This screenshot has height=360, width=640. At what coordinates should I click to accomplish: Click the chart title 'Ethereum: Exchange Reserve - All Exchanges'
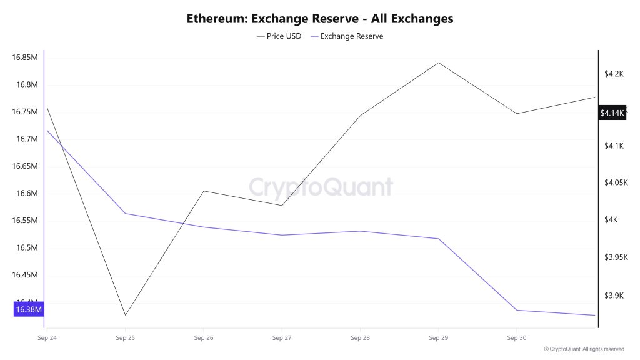(320, 18)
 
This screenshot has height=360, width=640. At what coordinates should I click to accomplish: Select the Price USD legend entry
(279, 36)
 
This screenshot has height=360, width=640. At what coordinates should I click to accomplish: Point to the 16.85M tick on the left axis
(25, 57)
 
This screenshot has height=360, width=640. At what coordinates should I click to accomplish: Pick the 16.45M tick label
(25, 275)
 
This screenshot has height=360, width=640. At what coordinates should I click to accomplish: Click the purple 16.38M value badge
(28, 309)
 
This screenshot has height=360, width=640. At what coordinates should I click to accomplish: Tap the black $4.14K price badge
(612, 113)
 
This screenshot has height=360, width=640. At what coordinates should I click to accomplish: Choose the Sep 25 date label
(125, 338)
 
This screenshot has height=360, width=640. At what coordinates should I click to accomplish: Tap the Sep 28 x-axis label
(360, 338)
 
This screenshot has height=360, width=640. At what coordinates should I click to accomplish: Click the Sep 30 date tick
(516, 338)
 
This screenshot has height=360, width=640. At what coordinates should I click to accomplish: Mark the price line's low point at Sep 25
(125, 315)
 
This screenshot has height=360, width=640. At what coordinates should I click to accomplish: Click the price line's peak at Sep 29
(438, 62)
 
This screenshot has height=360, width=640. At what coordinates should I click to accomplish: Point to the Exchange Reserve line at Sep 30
(516, 310)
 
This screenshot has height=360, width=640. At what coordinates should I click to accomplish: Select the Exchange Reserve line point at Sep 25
(125, 214)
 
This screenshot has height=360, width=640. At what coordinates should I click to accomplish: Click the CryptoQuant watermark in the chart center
(321, 187)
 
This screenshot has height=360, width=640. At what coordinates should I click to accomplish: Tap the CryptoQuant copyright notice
(584, 349)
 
